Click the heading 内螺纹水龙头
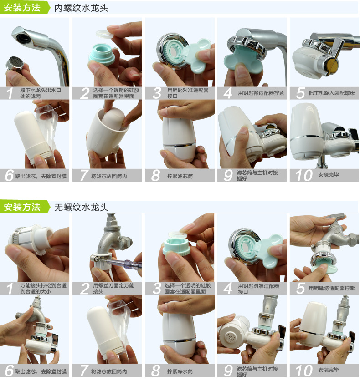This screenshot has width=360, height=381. pyautogui.click(x=81, y=8)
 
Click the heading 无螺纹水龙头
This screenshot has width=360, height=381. pyautogui.click(x=81, y=208)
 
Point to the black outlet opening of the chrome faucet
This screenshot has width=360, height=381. pyautogui.click(x=23, y=37)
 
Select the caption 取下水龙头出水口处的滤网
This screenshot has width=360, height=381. pyautogui.click(x=41, y=93)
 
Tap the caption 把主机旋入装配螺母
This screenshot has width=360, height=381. pyautogui.click(x=332, y=93)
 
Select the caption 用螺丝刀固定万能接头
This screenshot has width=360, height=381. pyautogui.click(x=113, y=289)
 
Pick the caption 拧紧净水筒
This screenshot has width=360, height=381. pyautogui.click(x=180, y=371)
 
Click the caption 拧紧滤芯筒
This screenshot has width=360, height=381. pyautogui.click(x=180, y=176)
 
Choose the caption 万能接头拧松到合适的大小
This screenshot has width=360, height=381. pyautogui.click(x=43, y=289)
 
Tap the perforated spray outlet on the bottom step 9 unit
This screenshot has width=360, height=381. pyautogui.click(x=229, y=337)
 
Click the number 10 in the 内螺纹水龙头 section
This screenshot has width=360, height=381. pyautogui.click(x=304, y=175)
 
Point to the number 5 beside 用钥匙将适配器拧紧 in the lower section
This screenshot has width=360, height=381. pyautogui.click(x=301, y=289)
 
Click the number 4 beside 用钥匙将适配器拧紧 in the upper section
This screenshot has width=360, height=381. pyautogui.click(x=228, y=93)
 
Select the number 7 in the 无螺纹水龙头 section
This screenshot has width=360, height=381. pyautogui.click(x=84, y=371)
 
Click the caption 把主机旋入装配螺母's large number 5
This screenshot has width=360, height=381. pyautogui.click(x=301, y=93)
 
